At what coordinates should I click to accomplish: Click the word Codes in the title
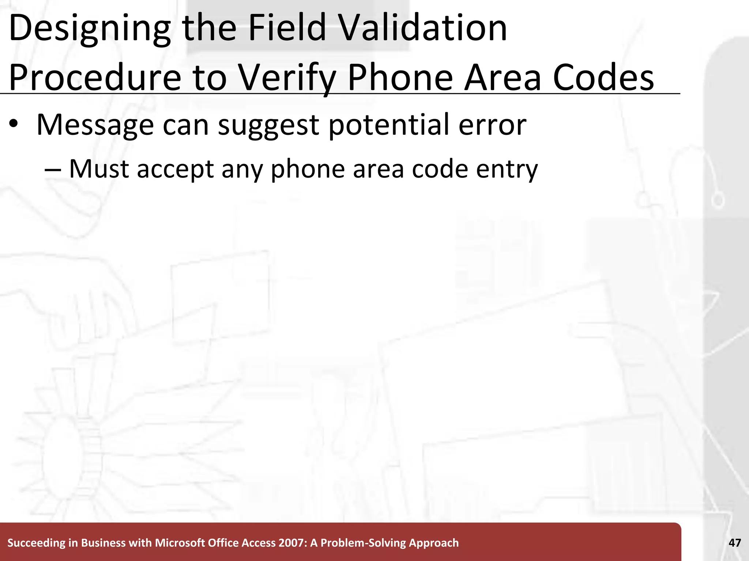point(603,77)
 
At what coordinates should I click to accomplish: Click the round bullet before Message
point(14,124)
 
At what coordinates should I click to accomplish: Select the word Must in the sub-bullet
point(99,169)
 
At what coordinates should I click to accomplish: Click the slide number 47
point(735,543)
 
